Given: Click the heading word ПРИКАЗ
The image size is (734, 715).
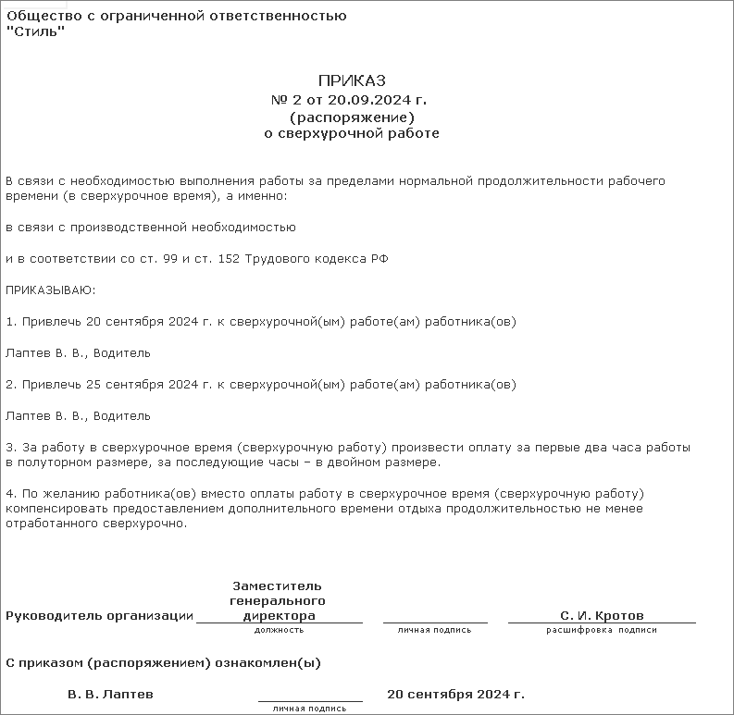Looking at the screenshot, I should click(352, 81).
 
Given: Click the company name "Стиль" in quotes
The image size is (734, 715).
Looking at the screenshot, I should click(35, 33).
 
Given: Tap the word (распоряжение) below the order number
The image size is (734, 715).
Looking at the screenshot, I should click(352, 117).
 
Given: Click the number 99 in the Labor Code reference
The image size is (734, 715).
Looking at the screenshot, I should click(172, 259).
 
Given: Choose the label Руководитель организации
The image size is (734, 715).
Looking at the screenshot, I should click(100, 616).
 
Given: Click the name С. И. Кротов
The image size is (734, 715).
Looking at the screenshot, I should click(602, 616).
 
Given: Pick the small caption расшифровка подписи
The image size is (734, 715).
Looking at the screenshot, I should click(602, 630).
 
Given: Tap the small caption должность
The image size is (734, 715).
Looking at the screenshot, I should click(279, 630).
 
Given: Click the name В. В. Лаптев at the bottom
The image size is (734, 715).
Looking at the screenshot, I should click(111, 694).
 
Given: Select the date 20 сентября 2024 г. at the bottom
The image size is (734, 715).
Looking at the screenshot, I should click(455, 694).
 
